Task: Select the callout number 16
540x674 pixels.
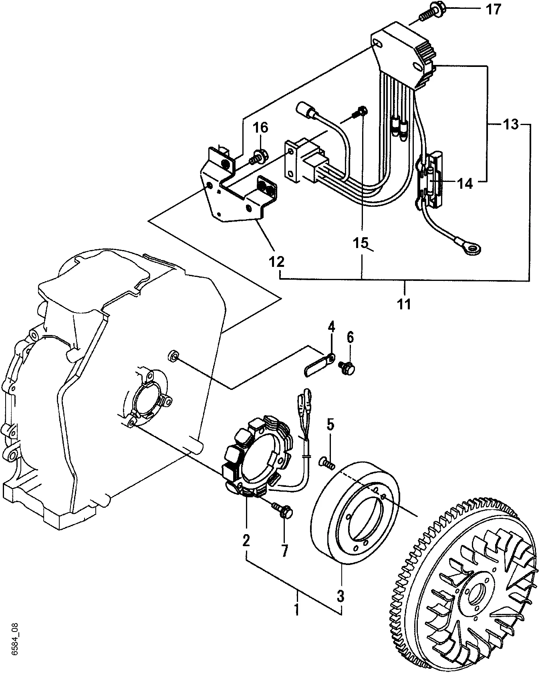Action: [x=261, y=128]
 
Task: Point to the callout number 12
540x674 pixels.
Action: [x=276, y=262]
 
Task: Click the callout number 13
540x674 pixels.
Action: [x=510, y=125]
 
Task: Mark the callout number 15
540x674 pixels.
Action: [x=360, y=243]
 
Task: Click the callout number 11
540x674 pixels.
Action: [x=404, y=304]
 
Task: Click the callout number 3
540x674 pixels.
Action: [x=340, y=596]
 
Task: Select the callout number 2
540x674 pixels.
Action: [x=246, y=541]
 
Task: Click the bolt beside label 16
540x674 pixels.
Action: [x=257, y=157]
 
